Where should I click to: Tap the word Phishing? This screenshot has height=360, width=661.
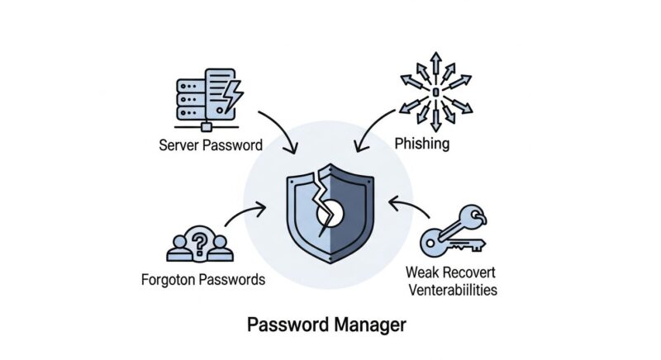coord(421,144)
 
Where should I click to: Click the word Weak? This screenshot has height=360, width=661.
coord(423,272)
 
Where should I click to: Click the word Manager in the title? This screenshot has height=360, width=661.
coord(364,325)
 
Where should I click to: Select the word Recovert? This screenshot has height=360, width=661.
coord(470,272)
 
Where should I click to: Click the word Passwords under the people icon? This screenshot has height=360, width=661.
coord(235,279)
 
